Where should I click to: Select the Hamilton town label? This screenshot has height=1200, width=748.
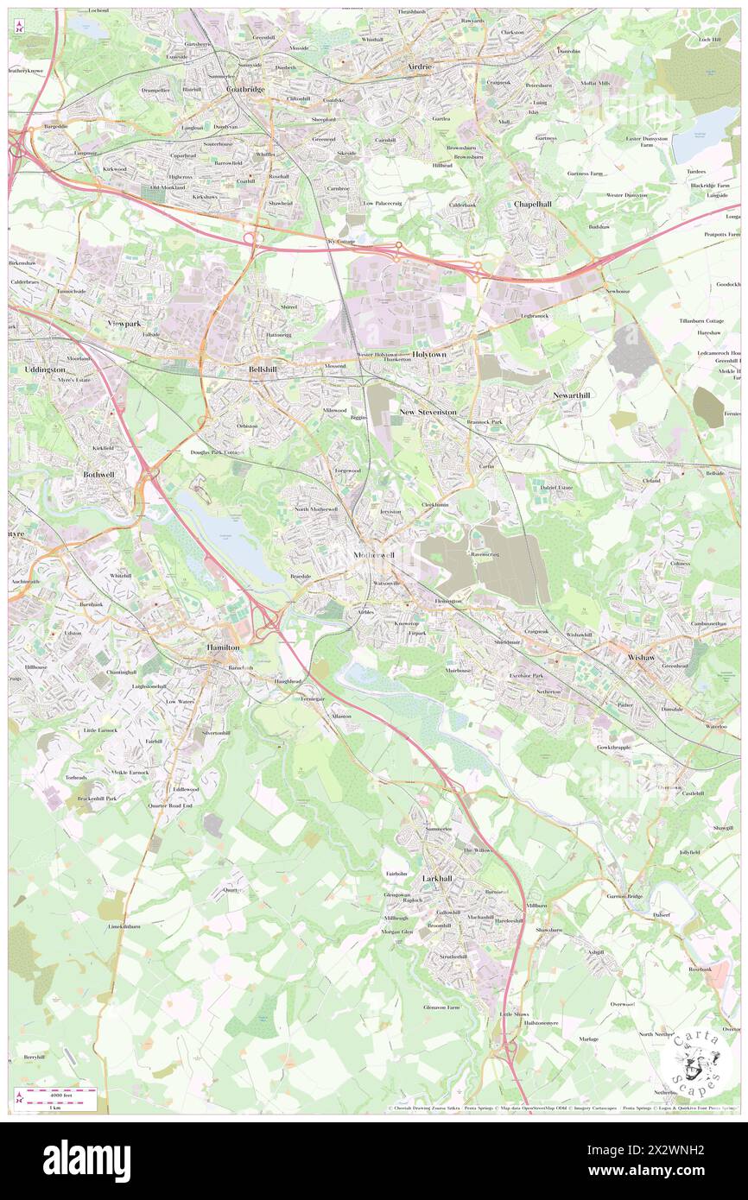pyautogui.click(x=222, y=646)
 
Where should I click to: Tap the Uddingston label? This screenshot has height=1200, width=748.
pyautogui.click(x=37, y=369)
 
